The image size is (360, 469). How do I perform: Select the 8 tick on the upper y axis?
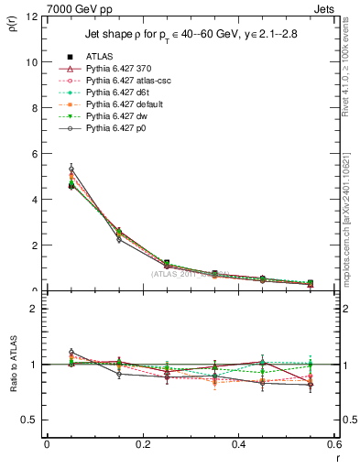pos(34,108)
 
